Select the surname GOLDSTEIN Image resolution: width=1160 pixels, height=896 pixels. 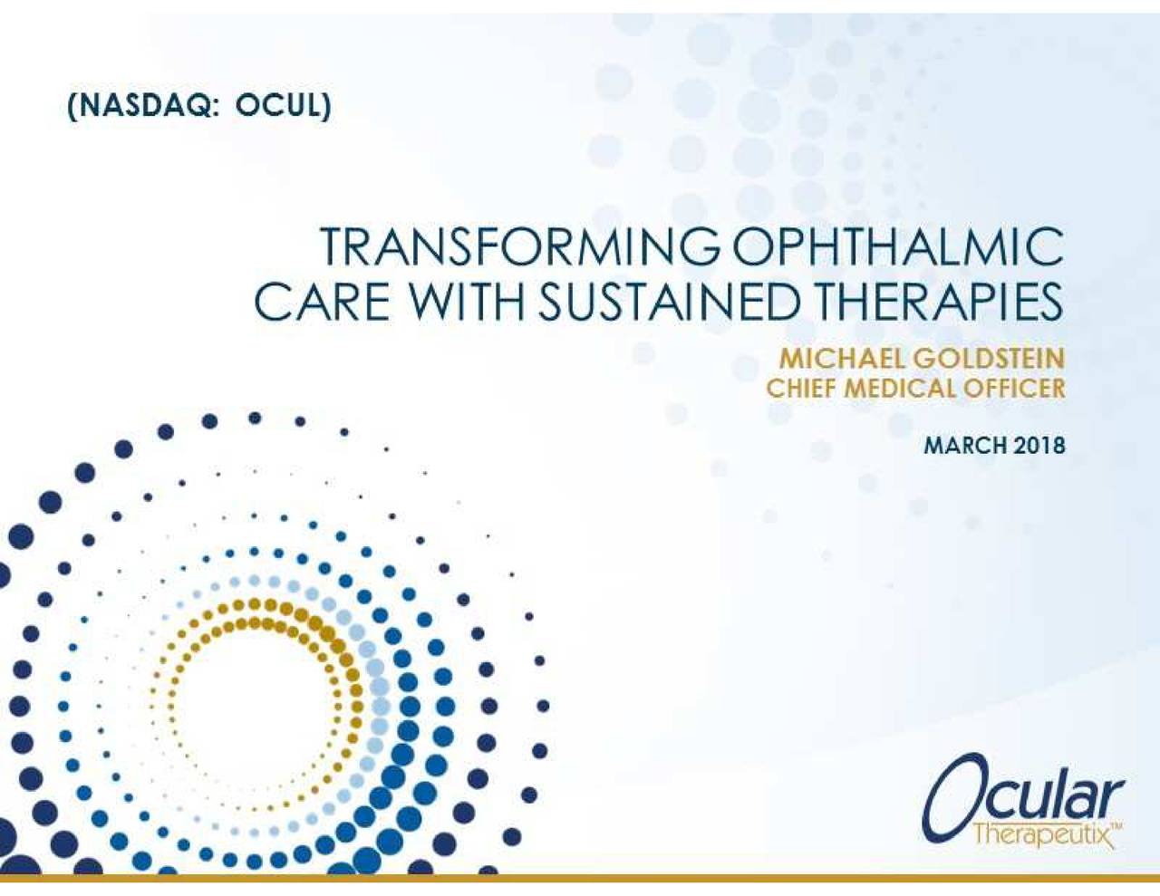click(x=988, y=359)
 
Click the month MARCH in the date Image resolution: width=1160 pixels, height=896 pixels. click(x=963, y=445)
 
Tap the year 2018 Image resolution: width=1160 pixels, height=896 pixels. click(x=1038, y=445)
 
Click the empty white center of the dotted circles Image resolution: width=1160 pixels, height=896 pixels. click(x=256, y=709)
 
